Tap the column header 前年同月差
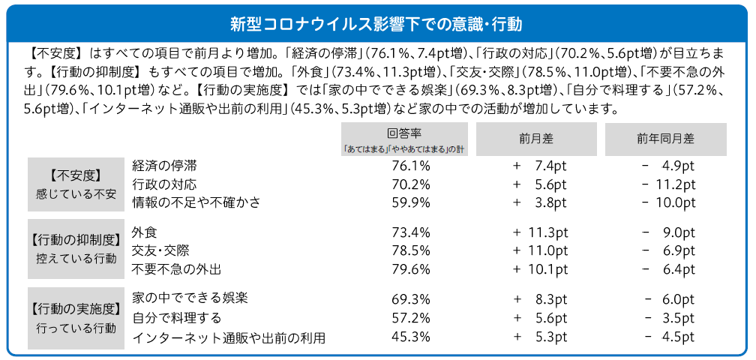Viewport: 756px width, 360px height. [x=666, y=139]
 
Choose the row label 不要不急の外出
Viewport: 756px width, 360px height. [x=176, y=268]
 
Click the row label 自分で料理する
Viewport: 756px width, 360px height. [x=176, y=318]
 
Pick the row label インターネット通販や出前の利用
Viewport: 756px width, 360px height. [x=228, y=337]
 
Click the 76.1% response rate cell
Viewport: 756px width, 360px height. [x=411, y=166]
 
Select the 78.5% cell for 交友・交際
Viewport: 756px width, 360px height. [x=411, y=250]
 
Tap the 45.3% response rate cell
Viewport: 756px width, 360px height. [x=411, y=337]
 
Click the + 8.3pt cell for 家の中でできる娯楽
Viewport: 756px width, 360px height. [x=540, y=299]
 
